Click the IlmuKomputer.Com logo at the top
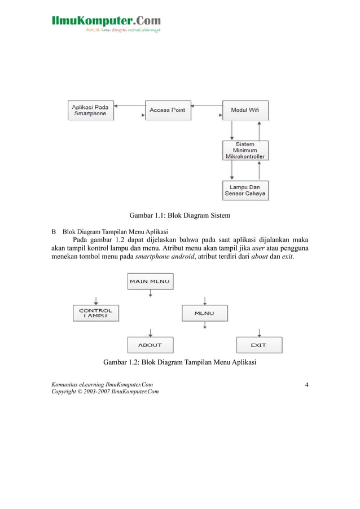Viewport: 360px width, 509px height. pyautogui.click(x=106, y=23)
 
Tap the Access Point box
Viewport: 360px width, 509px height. pyautogui.click(x=168, y=110)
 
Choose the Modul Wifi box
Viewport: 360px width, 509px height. pyautogui.click(x=245, y=110)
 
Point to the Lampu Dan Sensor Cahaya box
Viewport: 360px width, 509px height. pyautogui.click(x=245, y=190)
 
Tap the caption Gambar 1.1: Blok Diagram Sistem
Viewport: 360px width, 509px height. pyautogui.click(x=180, y=216)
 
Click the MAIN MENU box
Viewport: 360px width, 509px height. pyautogui.click(x=150, y=280)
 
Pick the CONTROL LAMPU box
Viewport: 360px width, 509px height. pyautogui.click(x=96, y=313)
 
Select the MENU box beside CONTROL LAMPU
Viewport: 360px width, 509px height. pyautogui.click(x=204, y=313)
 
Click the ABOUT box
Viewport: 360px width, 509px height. pyautogui.click(x=150, y=345)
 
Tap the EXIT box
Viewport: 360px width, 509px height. pyautogui.click(x=258, y=345)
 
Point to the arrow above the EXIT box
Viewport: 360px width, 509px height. pyautogui.click(x=258, y=331)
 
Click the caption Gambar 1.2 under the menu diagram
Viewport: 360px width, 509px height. pyautogui.click(x=180, y=362)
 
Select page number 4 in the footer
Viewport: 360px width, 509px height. pyautogui.click(x=306, y=385)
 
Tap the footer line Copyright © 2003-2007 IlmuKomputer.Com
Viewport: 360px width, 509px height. pyautogui.click(x=105, y=392)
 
